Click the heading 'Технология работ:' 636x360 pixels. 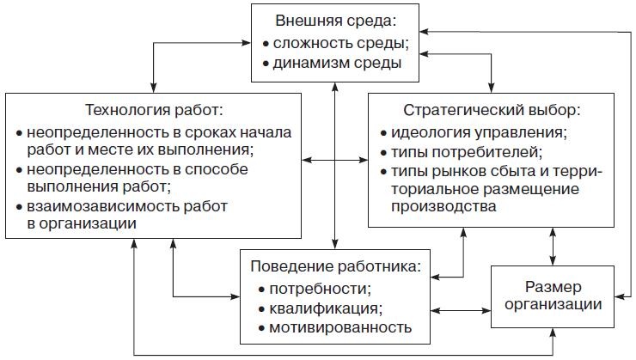click(154, 110)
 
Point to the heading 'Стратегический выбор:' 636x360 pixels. click(492, 110)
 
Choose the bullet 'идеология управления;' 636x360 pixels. click(479, 133)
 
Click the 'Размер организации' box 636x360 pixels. click(553, 295)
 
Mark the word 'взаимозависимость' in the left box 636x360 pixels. click(93, 206)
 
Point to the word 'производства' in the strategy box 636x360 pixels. click(443, 208)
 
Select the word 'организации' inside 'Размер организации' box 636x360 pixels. click(553, 303)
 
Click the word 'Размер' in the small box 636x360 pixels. click(553, 285)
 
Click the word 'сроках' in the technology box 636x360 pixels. click(206, 132)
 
